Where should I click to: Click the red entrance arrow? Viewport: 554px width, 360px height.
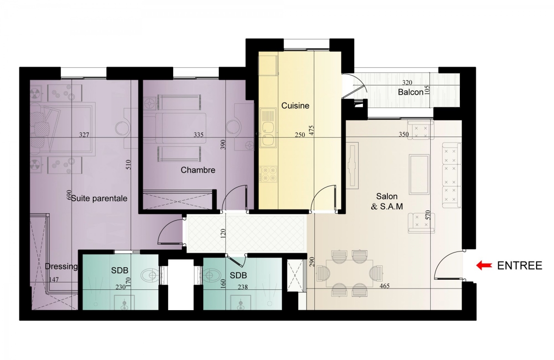484,265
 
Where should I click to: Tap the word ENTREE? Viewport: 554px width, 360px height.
520,265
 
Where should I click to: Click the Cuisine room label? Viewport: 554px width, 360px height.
295,106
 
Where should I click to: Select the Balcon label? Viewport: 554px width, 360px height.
410,92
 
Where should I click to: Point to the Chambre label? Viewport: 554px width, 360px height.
198,170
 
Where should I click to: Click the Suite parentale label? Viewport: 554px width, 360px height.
99,198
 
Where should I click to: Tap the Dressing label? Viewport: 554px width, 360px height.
61,267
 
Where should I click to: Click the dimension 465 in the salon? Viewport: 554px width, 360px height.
384,286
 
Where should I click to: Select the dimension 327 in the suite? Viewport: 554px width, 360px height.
84,135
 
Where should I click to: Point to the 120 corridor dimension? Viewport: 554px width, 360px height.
223,234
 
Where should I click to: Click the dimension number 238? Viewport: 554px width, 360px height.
243,287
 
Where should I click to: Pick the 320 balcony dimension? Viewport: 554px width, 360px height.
407,83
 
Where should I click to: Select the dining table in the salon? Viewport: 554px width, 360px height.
349,273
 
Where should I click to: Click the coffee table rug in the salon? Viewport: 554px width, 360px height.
419,174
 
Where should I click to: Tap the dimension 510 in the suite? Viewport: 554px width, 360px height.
128,164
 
